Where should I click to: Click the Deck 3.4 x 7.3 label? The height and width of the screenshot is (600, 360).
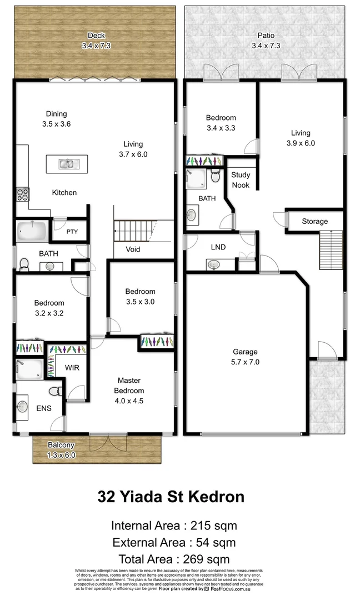point(96,41)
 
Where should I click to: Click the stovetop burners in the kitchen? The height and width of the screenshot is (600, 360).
point(22,194)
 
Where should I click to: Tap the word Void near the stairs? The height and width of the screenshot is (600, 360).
point(133,249)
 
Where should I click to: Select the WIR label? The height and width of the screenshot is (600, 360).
point(72,368)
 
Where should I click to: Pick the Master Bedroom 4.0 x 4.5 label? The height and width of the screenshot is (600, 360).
point(128,390)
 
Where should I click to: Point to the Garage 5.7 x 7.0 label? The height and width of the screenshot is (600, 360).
point(245,357)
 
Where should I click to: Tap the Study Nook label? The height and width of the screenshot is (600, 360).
point(241,180)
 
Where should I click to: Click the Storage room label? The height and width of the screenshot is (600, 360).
point(314,221)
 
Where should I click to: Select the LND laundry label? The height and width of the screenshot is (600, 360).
point(218,247)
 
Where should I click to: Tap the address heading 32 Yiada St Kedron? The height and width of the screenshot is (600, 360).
point(171,496)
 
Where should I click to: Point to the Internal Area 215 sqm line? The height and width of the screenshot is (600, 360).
point(174,526)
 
